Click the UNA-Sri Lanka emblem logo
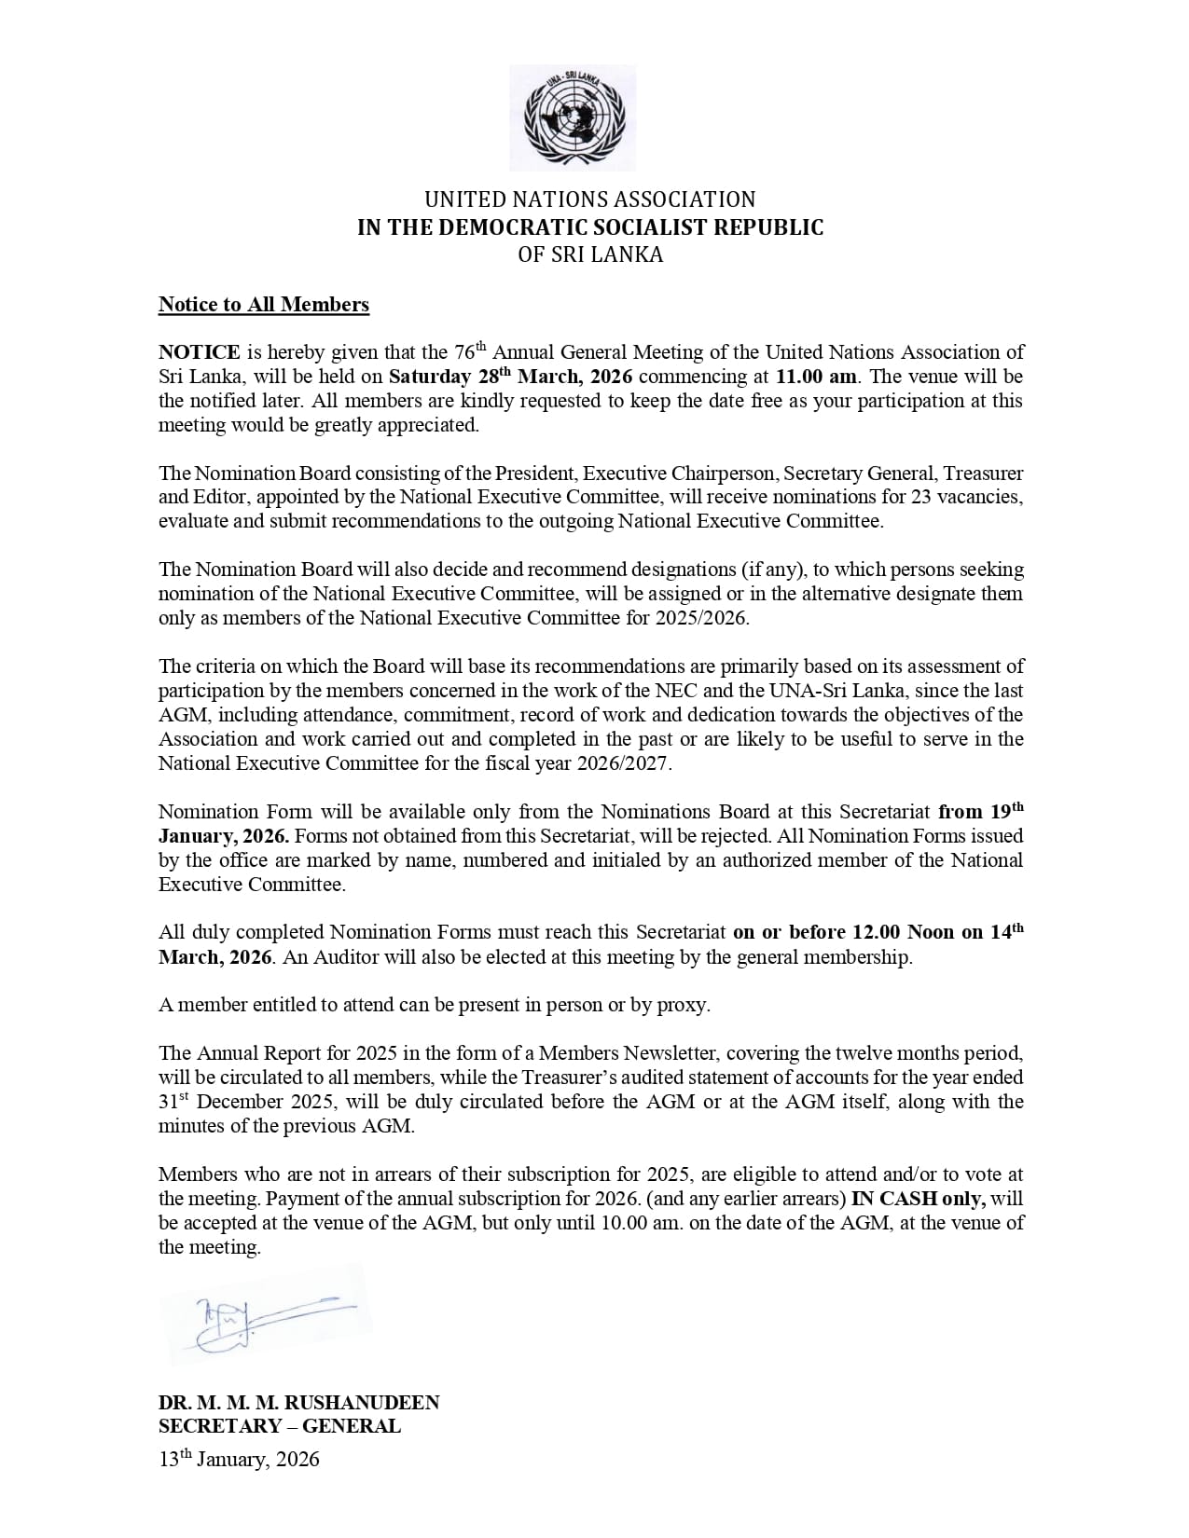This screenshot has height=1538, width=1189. point(574,118)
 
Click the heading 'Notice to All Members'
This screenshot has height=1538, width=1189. point(264,305)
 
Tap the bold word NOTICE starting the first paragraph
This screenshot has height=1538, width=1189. point(200,352)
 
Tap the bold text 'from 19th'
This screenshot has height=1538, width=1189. point(981,811)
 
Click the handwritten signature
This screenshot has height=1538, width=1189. point(262,1316)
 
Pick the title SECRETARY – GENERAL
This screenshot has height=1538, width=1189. point(280,1426)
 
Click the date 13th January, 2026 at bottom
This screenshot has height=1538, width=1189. point(239,1460)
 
